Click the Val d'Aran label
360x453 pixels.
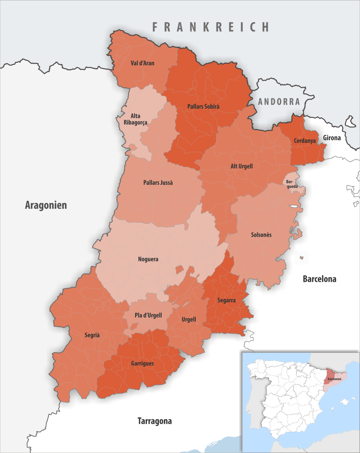[142, 63]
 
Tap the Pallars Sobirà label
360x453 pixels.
[204, 106]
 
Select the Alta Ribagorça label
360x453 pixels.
[135, 119]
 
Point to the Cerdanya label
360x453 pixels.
[304, 140]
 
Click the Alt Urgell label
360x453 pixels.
[242, 166]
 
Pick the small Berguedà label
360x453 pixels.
[290, 184]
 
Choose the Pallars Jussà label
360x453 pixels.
[158, 182]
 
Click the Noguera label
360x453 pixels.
[148, 259]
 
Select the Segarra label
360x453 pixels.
[226, 300]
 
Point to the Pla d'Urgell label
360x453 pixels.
[148, 315]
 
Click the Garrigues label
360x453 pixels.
[142, 363]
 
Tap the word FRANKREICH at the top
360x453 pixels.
[210, 27]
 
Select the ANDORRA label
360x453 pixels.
[279, 101]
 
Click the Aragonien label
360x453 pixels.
[46, 205]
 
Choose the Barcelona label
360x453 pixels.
[319, 279]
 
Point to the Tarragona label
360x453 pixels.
[154, 421]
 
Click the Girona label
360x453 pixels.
[332, 138]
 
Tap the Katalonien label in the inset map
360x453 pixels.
[335, 379]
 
